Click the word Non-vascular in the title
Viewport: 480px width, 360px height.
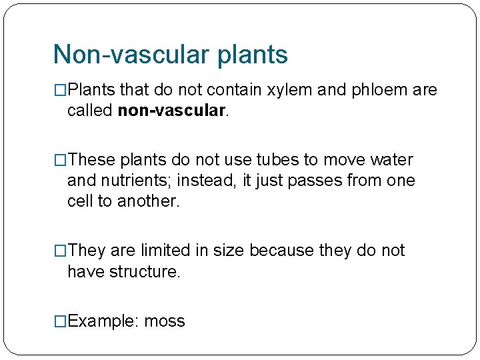point(131,55)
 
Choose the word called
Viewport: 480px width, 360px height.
point(90,110)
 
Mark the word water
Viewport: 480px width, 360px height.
point(390,160)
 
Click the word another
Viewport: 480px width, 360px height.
point(149,201)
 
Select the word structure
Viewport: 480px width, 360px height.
point(144,271)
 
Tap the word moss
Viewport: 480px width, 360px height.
point(165,321)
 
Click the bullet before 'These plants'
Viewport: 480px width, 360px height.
point(61,160)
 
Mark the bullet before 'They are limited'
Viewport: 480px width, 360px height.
point(61,251)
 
